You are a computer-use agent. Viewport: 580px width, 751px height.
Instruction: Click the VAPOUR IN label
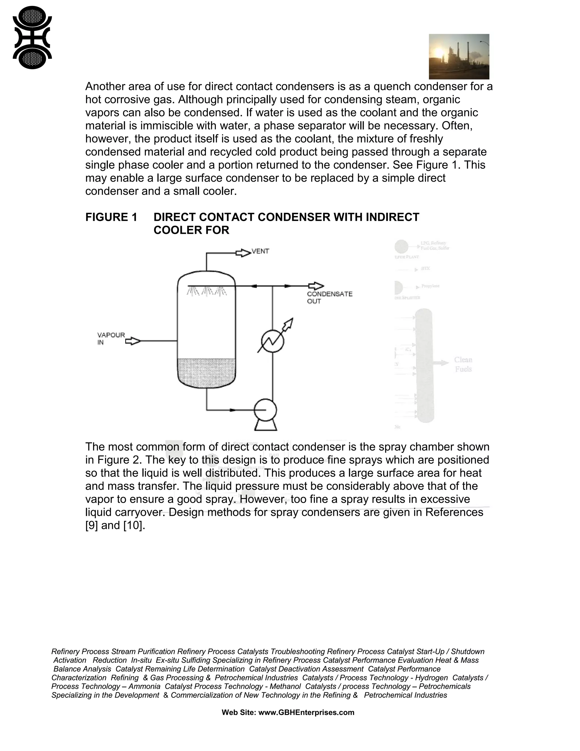(111, 338)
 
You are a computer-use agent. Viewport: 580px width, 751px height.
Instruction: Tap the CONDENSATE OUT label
(329, 298)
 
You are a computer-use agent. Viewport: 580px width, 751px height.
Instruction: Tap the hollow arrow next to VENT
(243, 253)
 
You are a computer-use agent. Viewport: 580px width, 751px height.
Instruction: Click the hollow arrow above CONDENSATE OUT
(316, 286)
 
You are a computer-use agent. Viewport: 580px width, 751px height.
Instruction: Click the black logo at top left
(32, 37)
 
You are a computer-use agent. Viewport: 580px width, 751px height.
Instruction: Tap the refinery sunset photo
(459, 56)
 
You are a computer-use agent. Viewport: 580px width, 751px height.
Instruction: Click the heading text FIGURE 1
(111, 217)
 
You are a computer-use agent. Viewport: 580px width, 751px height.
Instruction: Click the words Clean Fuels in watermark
(463, 364)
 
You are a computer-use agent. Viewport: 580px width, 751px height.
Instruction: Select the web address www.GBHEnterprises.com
(306, 712)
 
